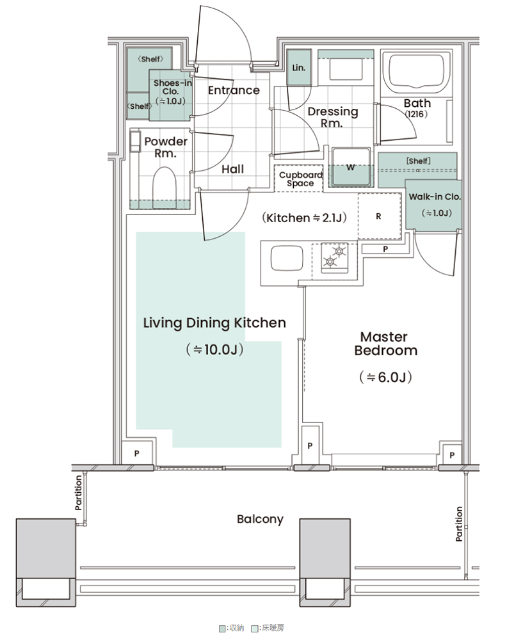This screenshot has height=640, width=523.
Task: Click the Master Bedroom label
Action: tap(385, 344)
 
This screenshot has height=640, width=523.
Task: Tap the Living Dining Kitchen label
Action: tap(214, 323)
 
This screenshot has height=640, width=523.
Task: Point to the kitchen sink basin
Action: tap(287, 258)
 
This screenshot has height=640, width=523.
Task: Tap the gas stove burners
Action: tap(334, 257)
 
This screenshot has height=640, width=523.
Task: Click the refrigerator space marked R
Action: tap(379, 216)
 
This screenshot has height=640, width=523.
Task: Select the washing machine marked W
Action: tap(351, 167)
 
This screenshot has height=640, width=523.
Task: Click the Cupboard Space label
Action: tap(300, 179)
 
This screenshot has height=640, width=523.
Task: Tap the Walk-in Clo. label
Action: tap(435, 196)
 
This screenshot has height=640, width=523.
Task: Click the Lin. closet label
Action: tap(299, 68)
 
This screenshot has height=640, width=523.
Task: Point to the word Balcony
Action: tap(260, 520)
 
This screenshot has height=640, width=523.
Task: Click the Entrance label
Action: tap(234, 90)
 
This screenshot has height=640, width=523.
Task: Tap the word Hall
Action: tap(233, 169)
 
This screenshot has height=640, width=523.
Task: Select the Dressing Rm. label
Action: tap(333, 117)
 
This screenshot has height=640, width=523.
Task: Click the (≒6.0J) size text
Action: tap(385, 377)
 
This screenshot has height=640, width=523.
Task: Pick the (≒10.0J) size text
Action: tap(214, 349)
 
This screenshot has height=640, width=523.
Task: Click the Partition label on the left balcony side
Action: tap(78, 493)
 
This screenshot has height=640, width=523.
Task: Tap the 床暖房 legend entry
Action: tap(268, 628)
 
